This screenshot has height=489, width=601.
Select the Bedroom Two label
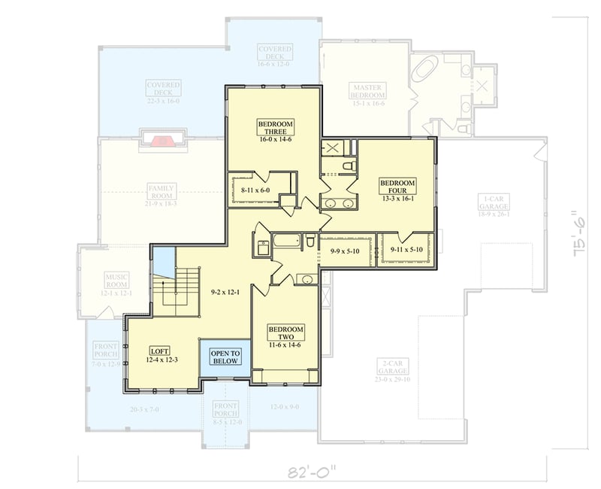click(285, 335)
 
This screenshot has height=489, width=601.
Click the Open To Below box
click(225, 357)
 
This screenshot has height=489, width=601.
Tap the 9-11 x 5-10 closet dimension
click(406, 249)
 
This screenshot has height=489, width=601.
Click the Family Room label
click(161, 193)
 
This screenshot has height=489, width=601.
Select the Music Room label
click(116, 281)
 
